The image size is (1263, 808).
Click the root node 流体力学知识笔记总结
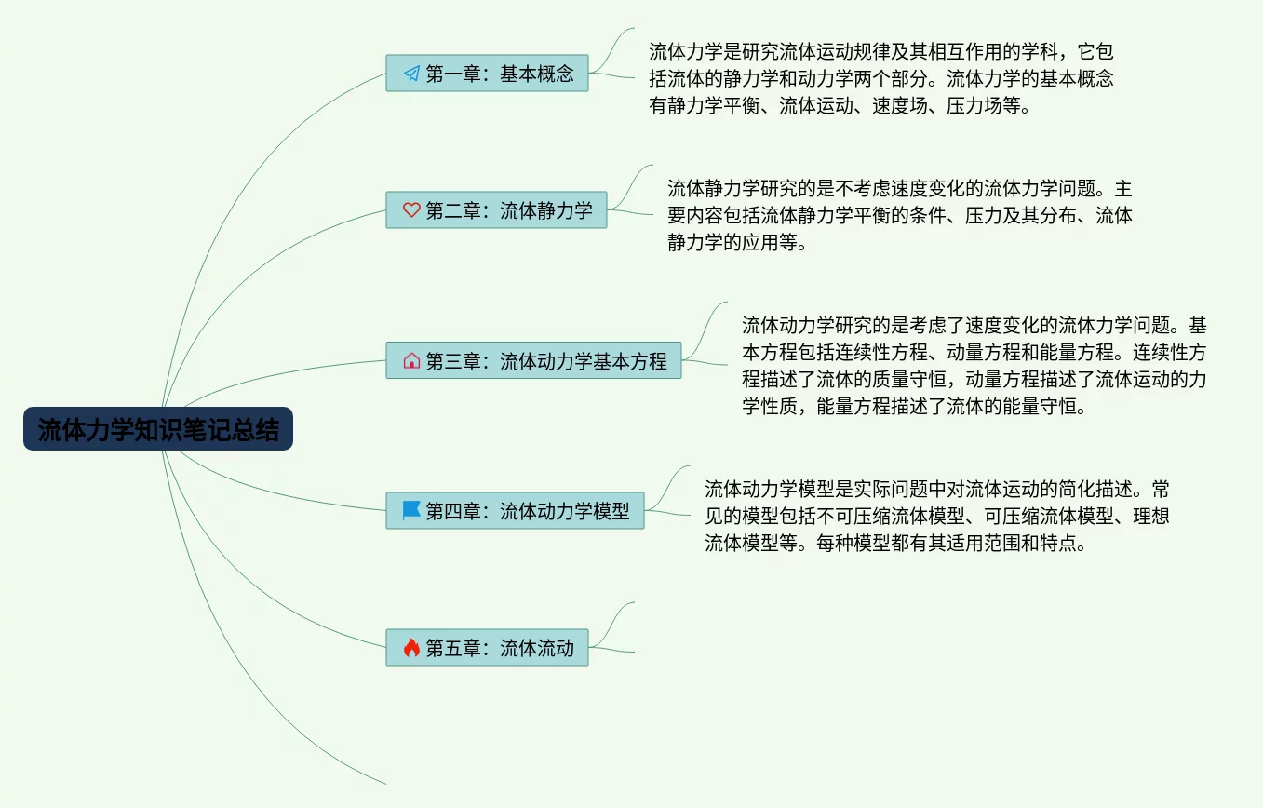(158, 429)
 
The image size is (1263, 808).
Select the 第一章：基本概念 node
(487, 74)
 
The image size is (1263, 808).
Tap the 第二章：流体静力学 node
(496, 210)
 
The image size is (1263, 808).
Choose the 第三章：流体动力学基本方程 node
(533, 360)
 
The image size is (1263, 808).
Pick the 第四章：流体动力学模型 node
(515, 511)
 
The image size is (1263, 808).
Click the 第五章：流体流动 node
(487, 648)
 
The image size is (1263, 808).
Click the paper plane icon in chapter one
(411, 74)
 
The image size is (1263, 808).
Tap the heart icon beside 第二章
(411, 210)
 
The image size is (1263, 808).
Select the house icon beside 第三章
(411, 360)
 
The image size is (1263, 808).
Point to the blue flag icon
(411, 510)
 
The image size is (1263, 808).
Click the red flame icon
(411, 647)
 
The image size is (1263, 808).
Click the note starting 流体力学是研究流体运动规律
(880, 78)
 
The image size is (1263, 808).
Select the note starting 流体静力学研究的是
(899, 216)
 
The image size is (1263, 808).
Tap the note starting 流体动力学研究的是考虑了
(974, 366)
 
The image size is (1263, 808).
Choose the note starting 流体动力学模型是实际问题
(936, 516)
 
